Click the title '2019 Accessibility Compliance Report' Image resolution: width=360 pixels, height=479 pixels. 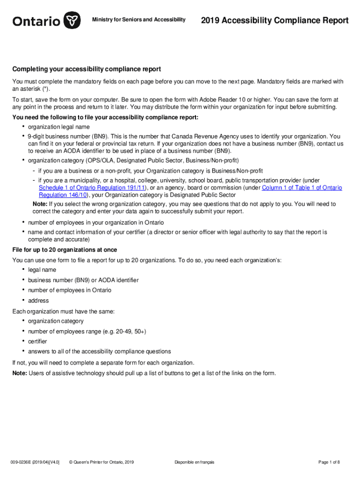pyautogui.click(x=274, y=21)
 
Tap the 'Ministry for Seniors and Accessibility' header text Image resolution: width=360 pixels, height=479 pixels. pyautogui.click(x=138, y=20)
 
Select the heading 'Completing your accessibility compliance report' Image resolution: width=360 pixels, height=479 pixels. pyautogui.click(x=86, y=69)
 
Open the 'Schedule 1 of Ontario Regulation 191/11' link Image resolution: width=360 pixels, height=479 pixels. pyautogui.click(x=91, y=188)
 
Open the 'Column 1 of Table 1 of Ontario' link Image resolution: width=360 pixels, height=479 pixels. pyautogui.click(x=302, y=188)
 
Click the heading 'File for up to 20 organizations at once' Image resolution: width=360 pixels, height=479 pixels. pyautogui.click(x=65, y=250)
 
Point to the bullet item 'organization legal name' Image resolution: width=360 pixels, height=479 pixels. pyautogui.click(x=59, y=127)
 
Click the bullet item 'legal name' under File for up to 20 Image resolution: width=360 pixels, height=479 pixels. pyautogui.click(x=42, y=270)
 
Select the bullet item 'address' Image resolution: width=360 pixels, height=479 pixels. pyautogui.click(x=38, y=301)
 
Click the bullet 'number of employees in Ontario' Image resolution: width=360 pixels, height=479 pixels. pyautogui.click(x=70, y=290)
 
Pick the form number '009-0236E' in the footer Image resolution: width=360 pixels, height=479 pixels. pyautogui.click(x=22, y=463)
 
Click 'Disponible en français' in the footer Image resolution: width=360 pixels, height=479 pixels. pyautogui.click(x=194, y=463)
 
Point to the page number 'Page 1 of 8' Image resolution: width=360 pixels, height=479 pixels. pyautogui.click(x=329, y=463)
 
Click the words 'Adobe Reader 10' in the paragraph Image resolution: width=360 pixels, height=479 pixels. pyautogui.click(x=219, y=100)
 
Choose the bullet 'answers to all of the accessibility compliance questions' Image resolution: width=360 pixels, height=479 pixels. pyautogui.click(x=99, y=352)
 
